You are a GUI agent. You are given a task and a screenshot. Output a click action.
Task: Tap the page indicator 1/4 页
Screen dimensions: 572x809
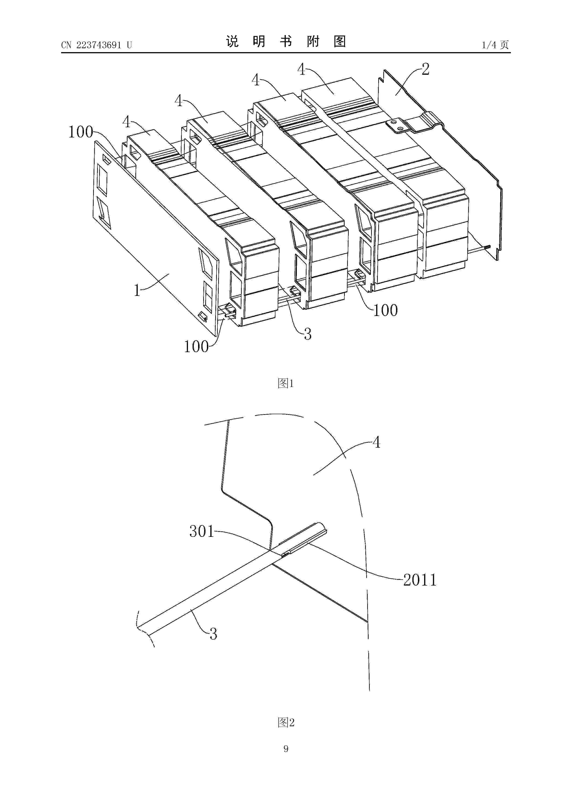pyautogui.click(x=495, y=45)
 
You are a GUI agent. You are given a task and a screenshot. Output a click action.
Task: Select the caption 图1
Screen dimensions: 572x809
pyautogui.click(x=286, y=383)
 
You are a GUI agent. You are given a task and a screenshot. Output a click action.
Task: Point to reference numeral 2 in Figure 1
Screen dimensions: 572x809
pyautogui.click(x=425, y=69)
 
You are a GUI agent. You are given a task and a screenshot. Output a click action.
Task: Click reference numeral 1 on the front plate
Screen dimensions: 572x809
pyautogui.click(x=137, y=290)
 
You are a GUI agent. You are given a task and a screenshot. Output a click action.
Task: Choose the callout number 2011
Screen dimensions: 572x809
pyautogui.click(x=420, y=580)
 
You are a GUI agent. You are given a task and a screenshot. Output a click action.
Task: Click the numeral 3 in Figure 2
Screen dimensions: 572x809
pyautogui.click(x=213, y=634)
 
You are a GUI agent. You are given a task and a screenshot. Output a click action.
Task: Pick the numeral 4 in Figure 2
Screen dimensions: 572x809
pyautogui.click(x=377, y=442)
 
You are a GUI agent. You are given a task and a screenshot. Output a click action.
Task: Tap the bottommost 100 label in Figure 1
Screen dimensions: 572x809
pyautogui.click(x=196, y=347)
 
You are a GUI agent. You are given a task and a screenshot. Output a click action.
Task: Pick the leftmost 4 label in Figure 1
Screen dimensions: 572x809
pyautogui.click(x=126, y=122)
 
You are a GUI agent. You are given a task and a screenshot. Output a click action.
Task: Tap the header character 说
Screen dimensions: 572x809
pyautogui.click(x=232, y=42)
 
